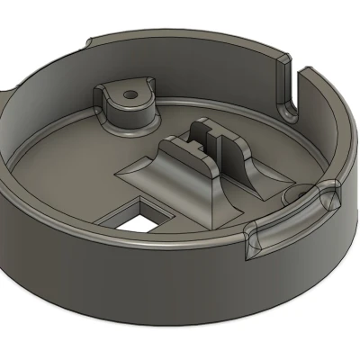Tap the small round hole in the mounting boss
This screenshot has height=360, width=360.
[x=132, y=93]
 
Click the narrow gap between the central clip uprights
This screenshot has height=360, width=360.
[x=208, y=140]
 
